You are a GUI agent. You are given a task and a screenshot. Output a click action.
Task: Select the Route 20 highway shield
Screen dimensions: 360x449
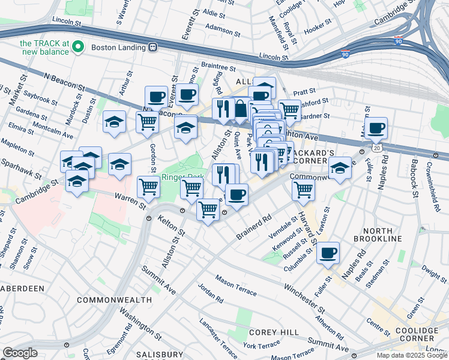point(376,147)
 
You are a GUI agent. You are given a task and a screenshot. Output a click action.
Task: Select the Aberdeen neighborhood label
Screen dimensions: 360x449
point(22,289)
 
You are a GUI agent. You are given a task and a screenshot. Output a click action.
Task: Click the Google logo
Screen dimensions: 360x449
point(20,352)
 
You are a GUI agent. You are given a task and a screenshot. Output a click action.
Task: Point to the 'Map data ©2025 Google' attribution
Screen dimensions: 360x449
point(412,355)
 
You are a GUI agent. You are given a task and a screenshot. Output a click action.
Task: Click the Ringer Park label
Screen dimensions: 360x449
point(182,178)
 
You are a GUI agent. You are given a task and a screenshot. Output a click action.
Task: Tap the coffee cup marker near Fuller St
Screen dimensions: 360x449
point(328,253)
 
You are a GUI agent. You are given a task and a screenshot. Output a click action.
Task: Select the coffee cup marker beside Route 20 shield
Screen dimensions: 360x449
point(376,127)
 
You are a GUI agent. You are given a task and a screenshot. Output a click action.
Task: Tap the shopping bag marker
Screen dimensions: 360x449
point(241,109)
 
